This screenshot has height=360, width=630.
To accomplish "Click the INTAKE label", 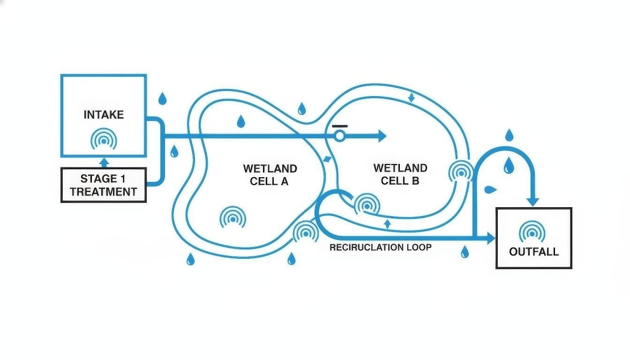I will (104, 115).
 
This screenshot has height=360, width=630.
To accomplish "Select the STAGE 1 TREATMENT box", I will (104, 185).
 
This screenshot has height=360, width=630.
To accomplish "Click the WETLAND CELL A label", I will (270, 175).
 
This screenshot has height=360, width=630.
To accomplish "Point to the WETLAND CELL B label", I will (400, 174).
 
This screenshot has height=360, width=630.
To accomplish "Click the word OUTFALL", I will (534, 252).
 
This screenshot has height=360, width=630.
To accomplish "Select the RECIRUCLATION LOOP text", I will (380, 247).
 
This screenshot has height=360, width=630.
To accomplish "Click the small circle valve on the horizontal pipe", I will (339, 136).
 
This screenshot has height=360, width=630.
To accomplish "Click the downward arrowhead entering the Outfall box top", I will (533, 202).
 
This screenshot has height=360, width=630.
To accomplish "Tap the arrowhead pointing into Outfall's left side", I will (491, 239).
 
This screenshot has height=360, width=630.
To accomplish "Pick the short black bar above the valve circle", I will (340, 126).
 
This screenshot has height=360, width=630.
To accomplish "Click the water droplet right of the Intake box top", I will (162, 99).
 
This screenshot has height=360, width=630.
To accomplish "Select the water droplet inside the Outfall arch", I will (508, 165).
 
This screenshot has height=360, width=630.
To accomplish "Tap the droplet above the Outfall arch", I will (510, 135).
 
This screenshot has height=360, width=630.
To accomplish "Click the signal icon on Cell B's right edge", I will (461, 172).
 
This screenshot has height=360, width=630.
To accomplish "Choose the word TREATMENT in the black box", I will (104, 192).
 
